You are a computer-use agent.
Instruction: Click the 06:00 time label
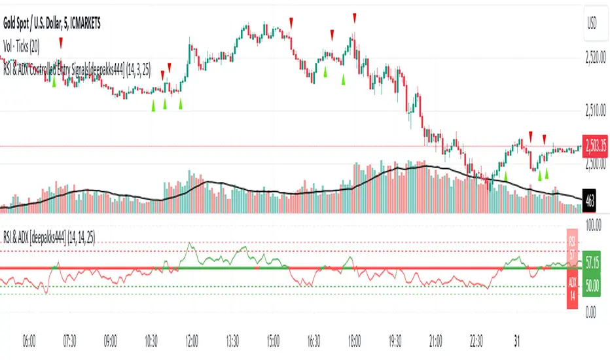[29, 340]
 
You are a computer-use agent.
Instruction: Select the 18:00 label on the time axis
[354, 340]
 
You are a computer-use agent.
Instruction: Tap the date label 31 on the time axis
[516, 340]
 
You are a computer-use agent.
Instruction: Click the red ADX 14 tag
[571, 291]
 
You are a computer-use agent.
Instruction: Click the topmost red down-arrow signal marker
[354, 16]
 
